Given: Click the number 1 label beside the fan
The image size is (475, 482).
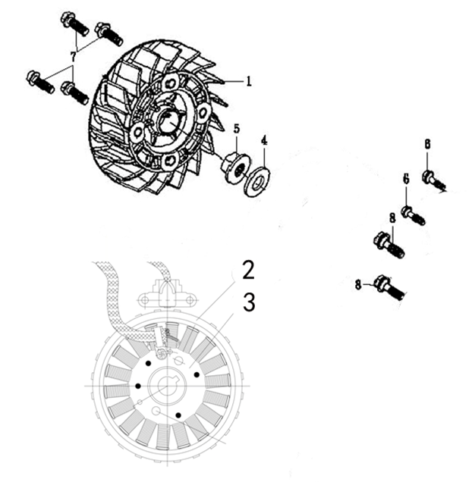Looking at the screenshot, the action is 249,81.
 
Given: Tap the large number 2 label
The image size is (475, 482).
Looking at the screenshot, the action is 248,270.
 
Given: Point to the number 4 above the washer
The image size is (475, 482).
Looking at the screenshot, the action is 264,140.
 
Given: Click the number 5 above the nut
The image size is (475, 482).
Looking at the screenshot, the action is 236,129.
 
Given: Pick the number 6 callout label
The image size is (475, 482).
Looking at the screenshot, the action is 407,179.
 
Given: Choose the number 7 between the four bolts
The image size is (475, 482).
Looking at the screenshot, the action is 73,57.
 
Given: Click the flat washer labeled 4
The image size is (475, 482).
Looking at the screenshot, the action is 256,181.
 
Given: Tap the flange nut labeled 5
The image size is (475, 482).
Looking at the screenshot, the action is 235,167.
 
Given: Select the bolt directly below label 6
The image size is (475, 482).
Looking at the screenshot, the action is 414,215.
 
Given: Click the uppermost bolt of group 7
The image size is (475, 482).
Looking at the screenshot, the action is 75,23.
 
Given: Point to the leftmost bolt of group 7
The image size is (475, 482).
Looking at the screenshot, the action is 40,82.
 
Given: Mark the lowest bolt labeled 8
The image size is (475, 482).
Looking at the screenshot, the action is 390,287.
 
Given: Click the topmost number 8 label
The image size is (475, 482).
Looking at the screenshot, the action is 428,144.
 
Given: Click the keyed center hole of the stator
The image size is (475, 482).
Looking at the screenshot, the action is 167,386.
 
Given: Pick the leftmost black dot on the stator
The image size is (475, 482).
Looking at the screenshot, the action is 138,386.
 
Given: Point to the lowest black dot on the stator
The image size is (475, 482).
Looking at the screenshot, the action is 178,415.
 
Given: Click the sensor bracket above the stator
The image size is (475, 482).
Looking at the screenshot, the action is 167,294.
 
